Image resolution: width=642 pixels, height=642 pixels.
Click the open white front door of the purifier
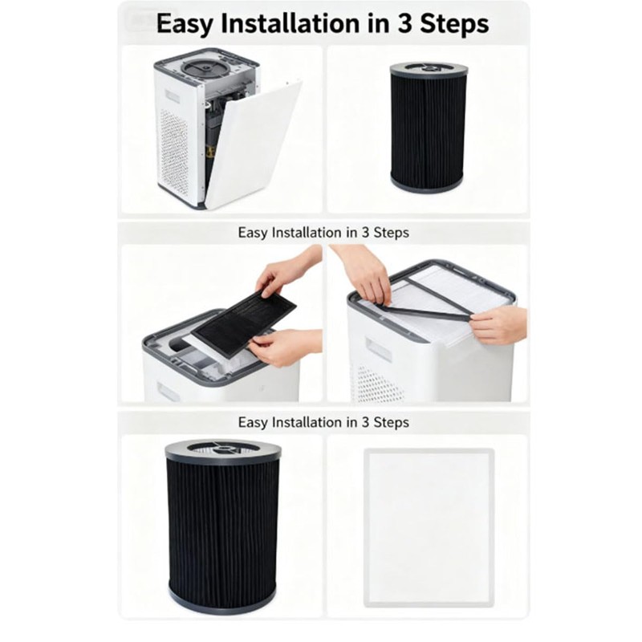[253, 144]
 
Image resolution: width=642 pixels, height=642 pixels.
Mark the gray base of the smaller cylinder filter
[426, 182]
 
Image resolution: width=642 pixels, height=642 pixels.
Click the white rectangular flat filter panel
[429, 526]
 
